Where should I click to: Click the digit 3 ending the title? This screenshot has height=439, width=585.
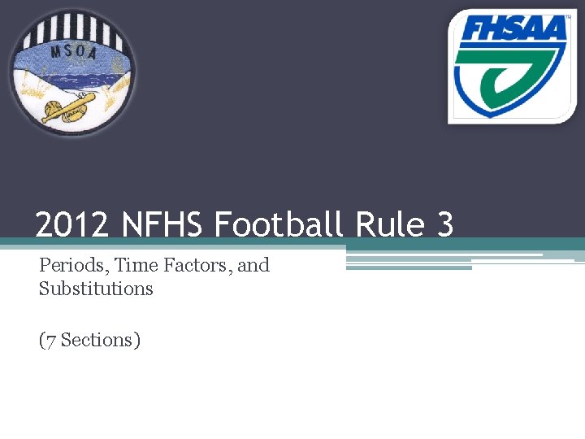[x=444, y=225]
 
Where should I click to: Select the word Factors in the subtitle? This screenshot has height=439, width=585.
[x=197, y=265]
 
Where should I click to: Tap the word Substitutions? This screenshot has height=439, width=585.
[x=96, y=289]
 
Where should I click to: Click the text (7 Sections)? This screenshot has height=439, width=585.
[x=90, y=340]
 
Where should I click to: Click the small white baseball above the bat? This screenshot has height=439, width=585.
[x=84, y=97]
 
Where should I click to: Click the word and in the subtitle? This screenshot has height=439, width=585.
[x=253, y=265]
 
